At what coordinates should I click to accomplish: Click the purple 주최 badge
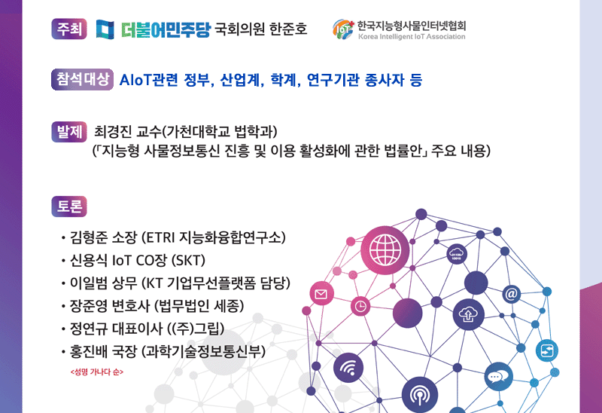(69, 29)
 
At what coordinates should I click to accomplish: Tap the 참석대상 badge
(82, 80)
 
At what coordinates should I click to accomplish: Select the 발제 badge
(69, 132)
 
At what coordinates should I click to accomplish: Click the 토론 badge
(69, 206)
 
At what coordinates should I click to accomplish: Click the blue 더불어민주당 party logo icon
(105, 29)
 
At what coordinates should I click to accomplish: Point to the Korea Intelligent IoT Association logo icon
(343, 29)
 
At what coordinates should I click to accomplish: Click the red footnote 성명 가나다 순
(97, 372)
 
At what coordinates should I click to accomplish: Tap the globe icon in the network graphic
(385, 250)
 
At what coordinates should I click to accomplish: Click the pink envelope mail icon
(321, 294)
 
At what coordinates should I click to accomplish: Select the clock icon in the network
(360, 307)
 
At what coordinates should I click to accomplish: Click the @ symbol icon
(512, 294)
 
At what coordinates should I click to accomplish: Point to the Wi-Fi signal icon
(348, 369)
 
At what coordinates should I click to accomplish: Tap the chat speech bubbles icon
(498, 377)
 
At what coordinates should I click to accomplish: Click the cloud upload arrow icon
(468, 314)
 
